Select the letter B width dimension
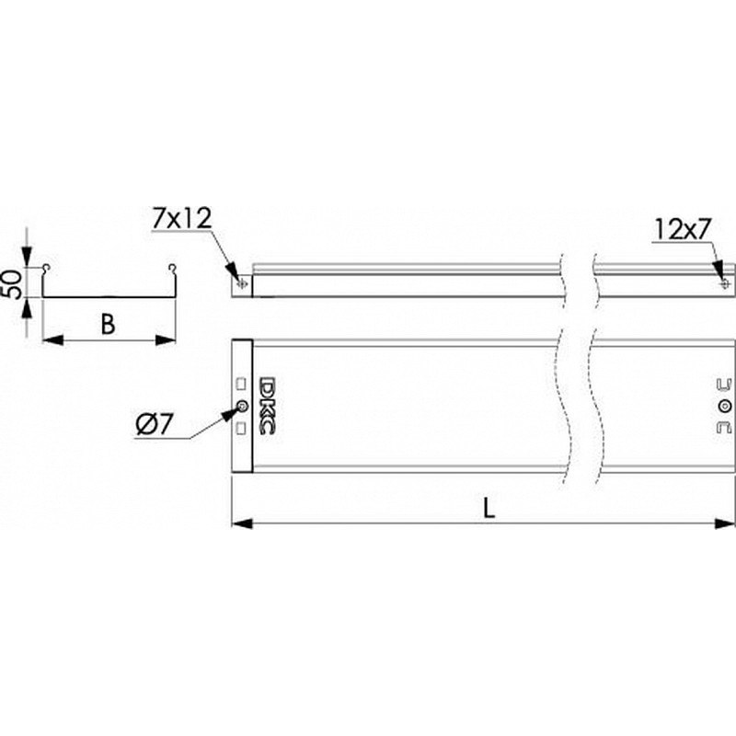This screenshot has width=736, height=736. tap(108, 324)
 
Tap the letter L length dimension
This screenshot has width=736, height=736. tap(489, 508)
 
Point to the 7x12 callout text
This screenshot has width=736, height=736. tap(181, 218)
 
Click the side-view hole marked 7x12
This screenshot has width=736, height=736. tap(242, 284)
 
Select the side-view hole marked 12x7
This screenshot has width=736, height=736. tap(726, 284)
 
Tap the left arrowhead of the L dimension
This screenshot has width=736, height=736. tap(242, 523)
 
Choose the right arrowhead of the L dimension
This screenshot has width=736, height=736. tap(725, 523)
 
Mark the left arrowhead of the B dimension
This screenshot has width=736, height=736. tap(52, 339)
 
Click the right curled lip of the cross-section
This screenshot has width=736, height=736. tap(173, 269)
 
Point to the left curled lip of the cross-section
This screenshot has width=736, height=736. tap(45, 269)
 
